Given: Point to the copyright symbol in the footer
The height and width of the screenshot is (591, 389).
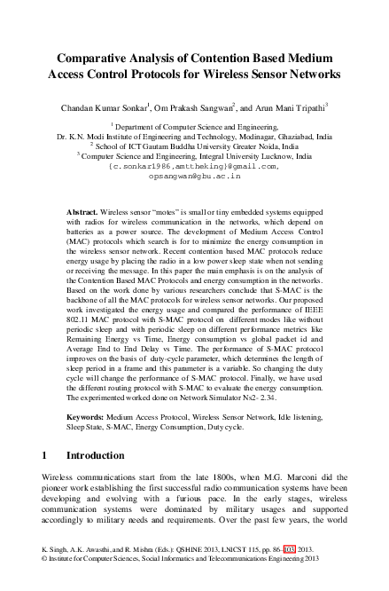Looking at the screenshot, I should tap(45, 584).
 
